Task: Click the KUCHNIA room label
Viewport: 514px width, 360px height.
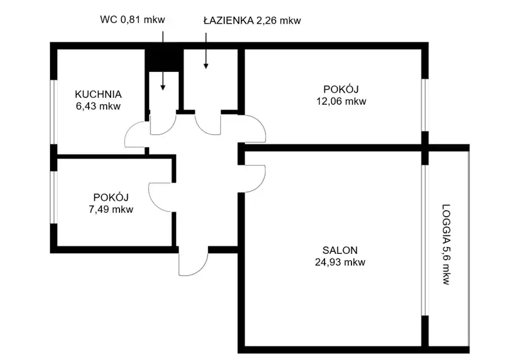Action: pyautogui.click(x=98, y=94)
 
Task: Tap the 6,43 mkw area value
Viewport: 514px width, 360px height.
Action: pyautogui.click(x=98, y=106)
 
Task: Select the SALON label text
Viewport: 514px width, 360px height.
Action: pyautogui.click(x=340, y=251)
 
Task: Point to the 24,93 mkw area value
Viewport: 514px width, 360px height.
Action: pyautogui.click(x=340, y=262)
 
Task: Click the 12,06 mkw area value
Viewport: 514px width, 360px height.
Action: pyautogui.click(x=341, y=101)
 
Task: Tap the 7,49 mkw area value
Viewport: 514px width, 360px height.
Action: pyautogui.click(x=111, y=209)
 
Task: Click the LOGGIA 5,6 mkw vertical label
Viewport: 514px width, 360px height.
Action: pyautogui.click(x=446, y=244)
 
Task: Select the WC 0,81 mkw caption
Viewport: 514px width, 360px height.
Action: pyautogui.click(x=132, y=20)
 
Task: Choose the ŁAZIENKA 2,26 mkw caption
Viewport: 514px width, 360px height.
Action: pyautogui.click(x=252, y=21)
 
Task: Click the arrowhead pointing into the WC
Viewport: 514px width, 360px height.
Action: pyautogui.click(x=163, y=88)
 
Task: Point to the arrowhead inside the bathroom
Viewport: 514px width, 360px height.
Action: pyautogui.click(x=206, y=66)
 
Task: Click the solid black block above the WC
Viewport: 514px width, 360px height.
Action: pyautogui.click(x=164, y=60)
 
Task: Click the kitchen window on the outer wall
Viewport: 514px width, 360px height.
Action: pyautogui.click(x=53, y=112)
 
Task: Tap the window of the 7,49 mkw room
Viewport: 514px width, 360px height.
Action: pyautogui.click(x=53, y=197)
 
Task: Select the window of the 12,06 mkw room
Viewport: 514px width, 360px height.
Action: pyautogui.click(x=425, y=105)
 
